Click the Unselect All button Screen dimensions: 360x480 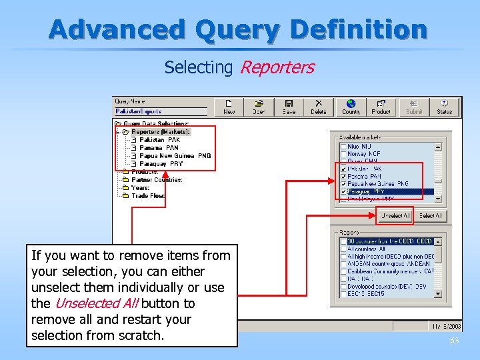[x=396, y=216]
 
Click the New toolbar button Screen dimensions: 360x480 [x=229, y=107]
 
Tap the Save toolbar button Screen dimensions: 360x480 [x=289, y=107]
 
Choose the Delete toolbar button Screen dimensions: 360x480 [x=319, y=107]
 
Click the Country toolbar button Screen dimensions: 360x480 [x=351, y=107]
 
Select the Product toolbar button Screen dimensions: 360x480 [x=381, y=107]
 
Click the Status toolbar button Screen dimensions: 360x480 [x=444, y=107]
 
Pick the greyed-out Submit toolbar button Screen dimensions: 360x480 [x=414, y=107]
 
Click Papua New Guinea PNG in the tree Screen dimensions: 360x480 [x=175, y=155]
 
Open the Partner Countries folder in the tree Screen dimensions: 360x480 [x=157, y=179]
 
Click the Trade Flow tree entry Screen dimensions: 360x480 [x=148, y=195]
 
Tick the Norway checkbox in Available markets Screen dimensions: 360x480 [x=343, y=154]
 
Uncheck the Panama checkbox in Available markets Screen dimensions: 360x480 [x=343, y=177]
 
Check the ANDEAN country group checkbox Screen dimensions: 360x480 [x=343, y=264]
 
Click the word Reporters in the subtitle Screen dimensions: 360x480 [x=277, y=67]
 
